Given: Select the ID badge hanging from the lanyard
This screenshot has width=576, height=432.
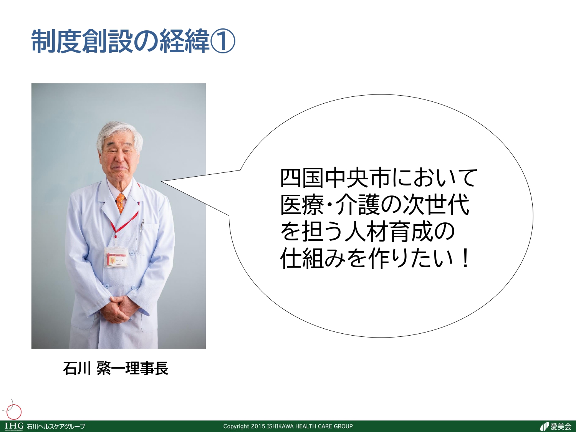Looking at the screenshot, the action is click(116, 257).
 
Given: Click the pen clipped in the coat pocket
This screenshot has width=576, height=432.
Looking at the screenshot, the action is click(142, 225).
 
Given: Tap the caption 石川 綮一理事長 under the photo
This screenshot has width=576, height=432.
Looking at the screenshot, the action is click(116, 368).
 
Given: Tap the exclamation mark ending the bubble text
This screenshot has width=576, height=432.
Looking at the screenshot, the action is click(465, 258).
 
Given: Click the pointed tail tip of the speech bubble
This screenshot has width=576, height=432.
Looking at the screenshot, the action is click(162, 181).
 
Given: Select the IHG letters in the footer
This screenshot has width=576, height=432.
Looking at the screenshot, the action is click(14, 426).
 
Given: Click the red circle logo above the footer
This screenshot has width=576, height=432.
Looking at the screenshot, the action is click(14, 412).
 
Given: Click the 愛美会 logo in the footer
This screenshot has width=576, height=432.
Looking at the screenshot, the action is click(556, 426).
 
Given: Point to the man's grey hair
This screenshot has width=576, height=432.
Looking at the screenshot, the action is click(119, 133).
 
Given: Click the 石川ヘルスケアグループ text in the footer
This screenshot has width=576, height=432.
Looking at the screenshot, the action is click(56, 427).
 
